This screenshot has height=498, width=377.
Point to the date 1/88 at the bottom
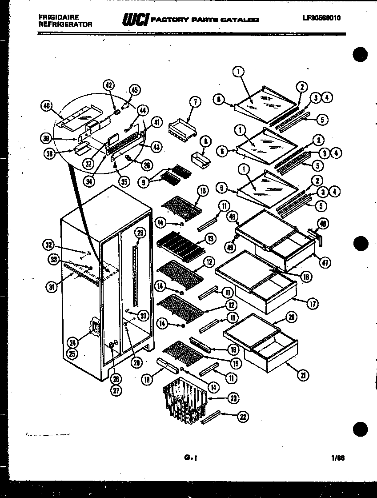click(337, 456)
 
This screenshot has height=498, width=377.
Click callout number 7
click(194, 102)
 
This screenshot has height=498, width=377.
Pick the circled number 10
click(203, 191)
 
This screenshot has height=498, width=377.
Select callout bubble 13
click(211, 239)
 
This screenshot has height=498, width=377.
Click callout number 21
click(303, 376)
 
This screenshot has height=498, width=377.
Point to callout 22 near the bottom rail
click(243, 417)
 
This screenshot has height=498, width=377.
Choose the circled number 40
click(46, 106)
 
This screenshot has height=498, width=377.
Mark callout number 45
click(135, 90)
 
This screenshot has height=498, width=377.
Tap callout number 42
click(108, 85)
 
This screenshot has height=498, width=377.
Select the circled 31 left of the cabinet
click(53, 287)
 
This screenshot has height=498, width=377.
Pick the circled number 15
click(237, 363)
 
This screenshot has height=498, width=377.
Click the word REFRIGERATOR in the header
click(65, 25)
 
